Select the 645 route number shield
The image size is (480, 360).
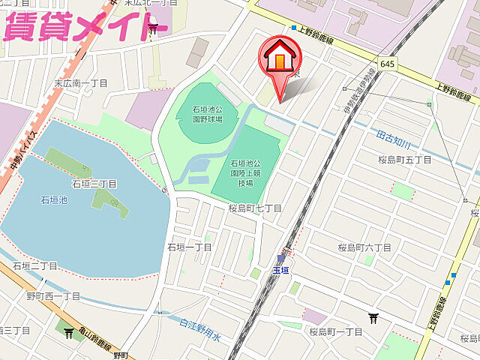(387, 64)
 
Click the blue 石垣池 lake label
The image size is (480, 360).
(54, 200)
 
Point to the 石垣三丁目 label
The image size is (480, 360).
(94, 184)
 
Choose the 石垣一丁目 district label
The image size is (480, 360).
(190, 247)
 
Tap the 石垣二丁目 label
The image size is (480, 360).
(35, 265)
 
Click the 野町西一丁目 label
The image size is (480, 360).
(53, 296)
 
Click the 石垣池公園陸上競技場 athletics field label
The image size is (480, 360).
(245, 172)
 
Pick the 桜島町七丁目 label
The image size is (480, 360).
(256, 208)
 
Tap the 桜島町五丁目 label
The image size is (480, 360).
(406, 160)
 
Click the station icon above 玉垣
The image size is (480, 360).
(281, 258)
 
